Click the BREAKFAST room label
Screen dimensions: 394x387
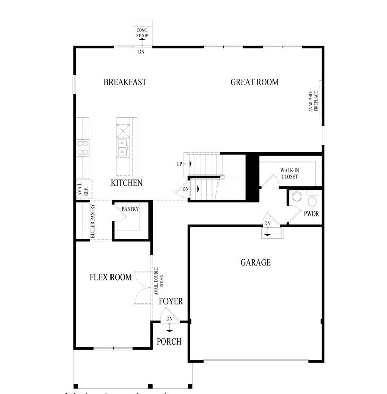[125, 82]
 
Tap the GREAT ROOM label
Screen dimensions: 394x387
[254, 82]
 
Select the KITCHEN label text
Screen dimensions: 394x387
[126, 183]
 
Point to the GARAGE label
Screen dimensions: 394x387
[255, 263]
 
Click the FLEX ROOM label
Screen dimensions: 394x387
[110, 277]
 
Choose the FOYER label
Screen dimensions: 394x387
[171, 302]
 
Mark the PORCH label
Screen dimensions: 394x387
[169, 342]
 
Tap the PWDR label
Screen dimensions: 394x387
[311, 214]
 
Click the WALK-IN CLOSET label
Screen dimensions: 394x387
[289, 174]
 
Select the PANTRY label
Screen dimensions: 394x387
[130, 209]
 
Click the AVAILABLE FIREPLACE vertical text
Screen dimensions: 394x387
[314, 101]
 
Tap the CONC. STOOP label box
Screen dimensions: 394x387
[142, 33]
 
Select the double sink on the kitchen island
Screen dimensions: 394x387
[122, 147]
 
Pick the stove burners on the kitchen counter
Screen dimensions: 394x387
[83, 147]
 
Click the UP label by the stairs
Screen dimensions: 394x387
[179, 164]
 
